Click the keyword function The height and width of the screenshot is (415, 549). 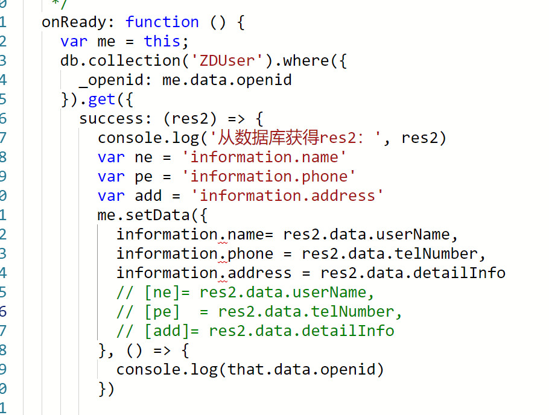click(162, 22)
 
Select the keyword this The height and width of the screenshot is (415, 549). click(162, 42)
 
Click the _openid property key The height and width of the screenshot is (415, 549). click(115, 80)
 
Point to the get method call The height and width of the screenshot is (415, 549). click(101, 100)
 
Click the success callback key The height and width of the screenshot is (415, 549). click(115, 119)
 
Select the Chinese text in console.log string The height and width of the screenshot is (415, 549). click(264, 138)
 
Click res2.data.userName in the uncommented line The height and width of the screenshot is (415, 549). click(366, 235)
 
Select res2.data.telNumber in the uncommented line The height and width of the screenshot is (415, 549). click(393, 254)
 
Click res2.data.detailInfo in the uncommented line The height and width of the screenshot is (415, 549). click(413, 273)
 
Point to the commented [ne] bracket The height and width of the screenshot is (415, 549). click(162, 293)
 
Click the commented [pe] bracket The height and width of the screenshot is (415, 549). click(162, 312)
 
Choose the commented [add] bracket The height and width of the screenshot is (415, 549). click(167, 331)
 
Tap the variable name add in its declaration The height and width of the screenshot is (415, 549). click(148, 196)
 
